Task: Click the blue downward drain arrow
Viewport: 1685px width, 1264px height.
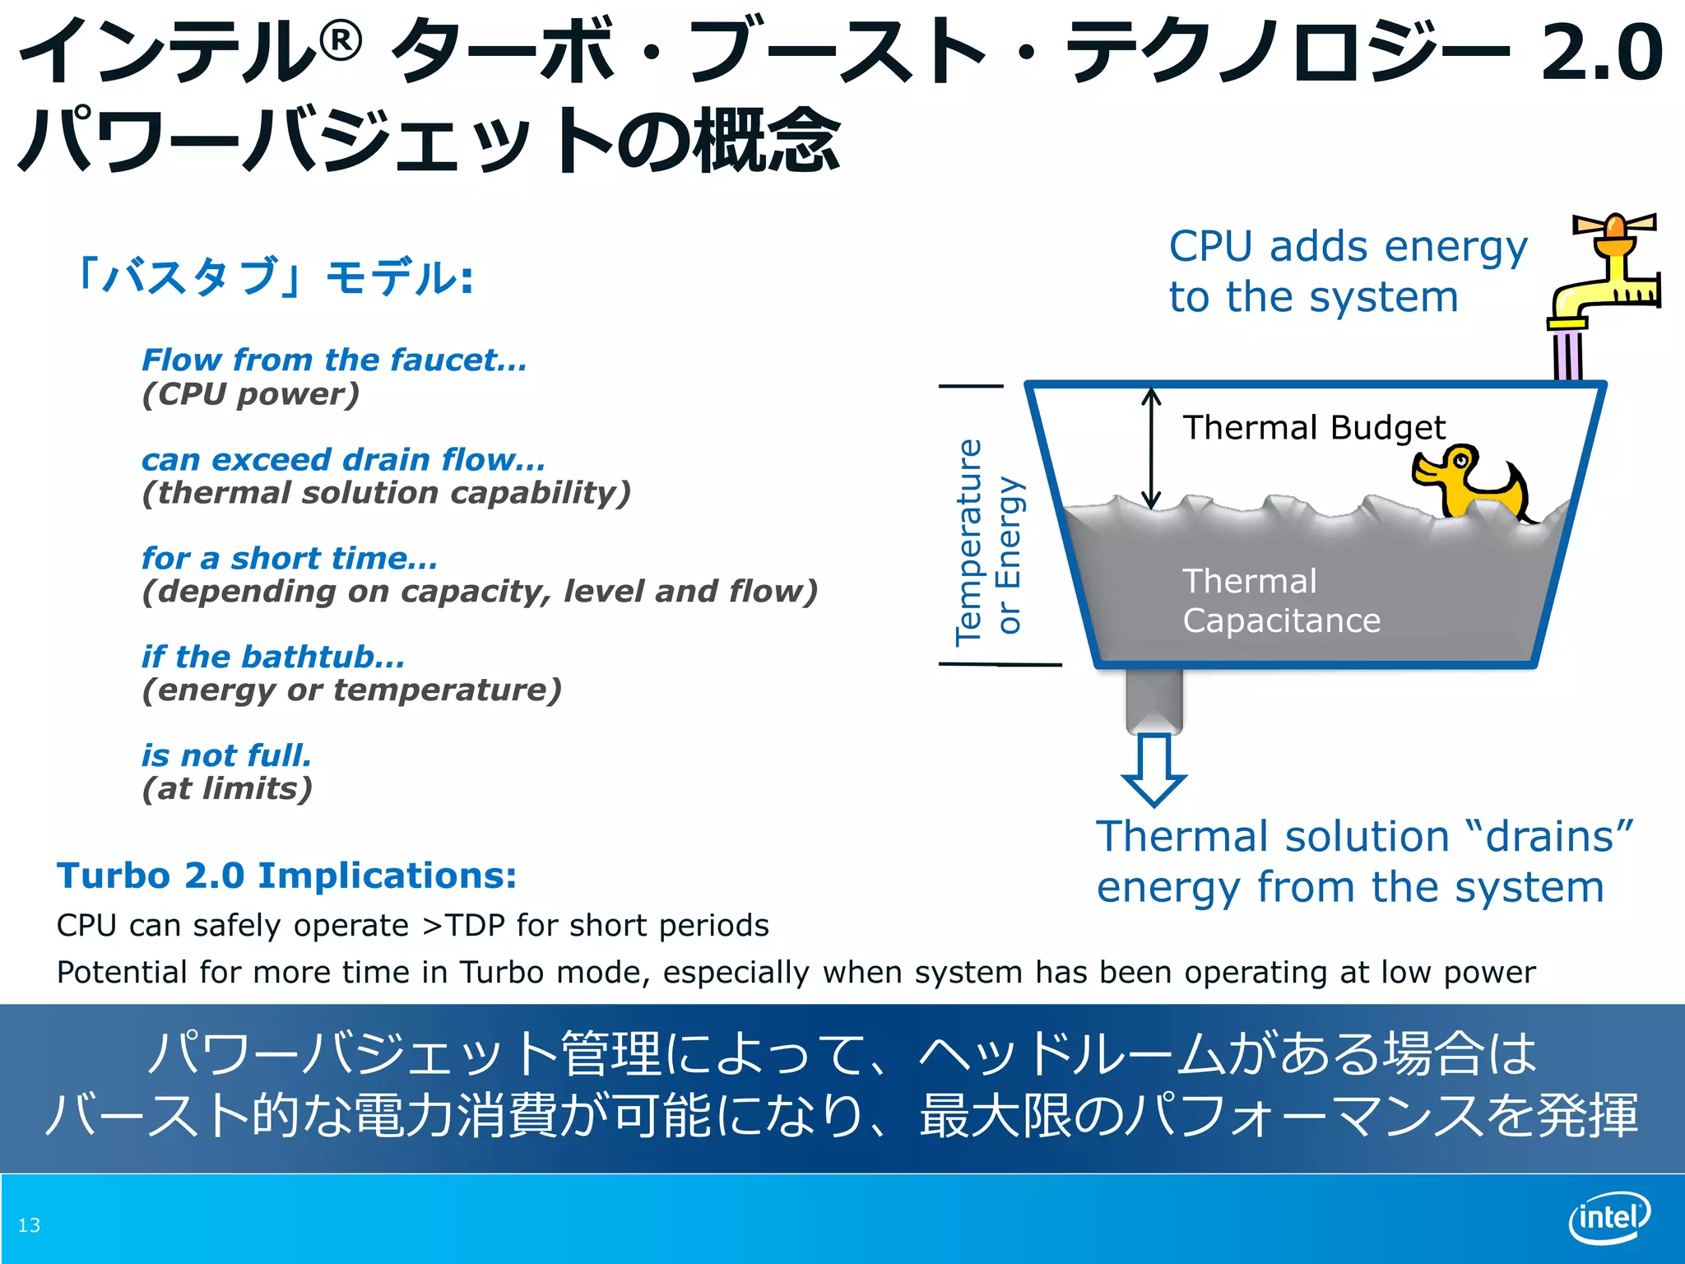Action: (1154, 769)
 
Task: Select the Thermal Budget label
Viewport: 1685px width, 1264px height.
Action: (1314, 428)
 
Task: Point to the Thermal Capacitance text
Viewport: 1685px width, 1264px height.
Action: (1281, 601)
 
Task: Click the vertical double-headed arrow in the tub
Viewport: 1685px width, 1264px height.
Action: (1151, 448)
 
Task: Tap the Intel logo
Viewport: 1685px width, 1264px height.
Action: (1608, 1217)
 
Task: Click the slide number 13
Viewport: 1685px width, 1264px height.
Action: (29, 1225)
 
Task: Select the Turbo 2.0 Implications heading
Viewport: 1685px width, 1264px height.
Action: (286, 876)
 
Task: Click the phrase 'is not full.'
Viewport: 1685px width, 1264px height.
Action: (226, 755)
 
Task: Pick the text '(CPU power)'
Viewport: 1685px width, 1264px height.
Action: (251, 394)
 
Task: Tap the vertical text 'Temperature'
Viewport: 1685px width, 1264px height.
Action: (969, 543)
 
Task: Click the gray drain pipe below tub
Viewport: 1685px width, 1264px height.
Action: (1154, 699)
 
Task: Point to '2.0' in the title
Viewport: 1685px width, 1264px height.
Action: (1601, 53)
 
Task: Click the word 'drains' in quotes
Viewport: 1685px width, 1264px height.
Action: (1549, 837)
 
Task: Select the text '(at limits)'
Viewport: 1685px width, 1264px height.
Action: (227, 789)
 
